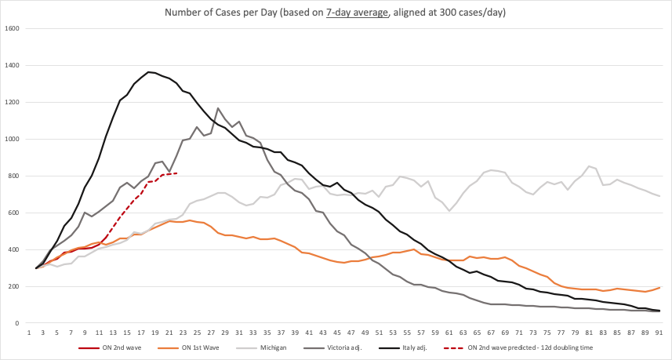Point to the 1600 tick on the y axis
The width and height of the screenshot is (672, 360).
tap(13, 28)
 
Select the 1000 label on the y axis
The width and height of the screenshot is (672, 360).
tap(13, 139)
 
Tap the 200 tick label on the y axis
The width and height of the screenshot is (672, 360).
tap(14, 286)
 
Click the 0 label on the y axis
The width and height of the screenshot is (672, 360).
tap(19, 323)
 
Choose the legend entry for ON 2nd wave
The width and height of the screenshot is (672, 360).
tap(107, 347)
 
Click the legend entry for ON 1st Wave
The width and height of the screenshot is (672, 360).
tap(192, 347)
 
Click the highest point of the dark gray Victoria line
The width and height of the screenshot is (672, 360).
tap(217, 108)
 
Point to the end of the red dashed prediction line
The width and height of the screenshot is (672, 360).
tap(176, 173)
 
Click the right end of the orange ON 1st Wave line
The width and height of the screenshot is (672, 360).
tap(659, 287)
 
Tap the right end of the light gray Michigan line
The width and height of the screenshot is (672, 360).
tap(659, 196)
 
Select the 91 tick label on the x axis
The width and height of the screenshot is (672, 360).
tap(659, 333)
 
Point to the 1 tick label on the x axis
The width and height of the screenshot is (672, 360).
tap(29, 333)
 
